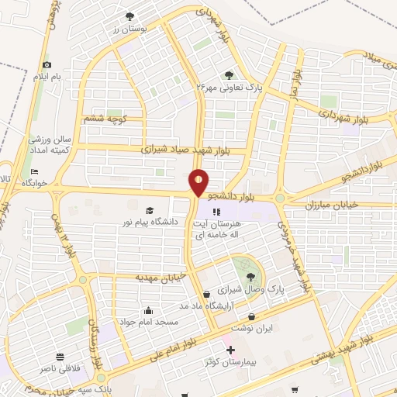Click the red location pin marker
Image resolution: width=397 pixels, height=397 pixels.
pyautogui.click(x=199, y=183)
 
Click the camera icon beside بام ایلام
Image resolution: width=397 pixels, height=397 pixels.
pyautogui.click(x=47, y=64)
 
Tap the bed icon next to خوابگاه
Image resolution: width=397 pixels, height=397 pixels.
pyautogui.click(x=34, y=171)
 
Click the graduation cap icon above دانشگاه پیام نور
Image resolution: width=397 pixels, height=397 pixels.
pyautogui.click(x=150, y=209)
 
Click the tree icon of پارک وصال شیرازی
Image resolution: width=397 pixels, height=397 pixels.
pyautogui.click(x=250, y=275)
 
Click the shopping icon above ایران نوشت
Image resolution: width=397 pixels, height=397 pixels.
pyautogui.click(x=251, y=316)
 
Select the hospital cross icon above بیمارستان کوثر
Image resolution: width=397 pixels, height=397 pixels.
pyautogui.click(x=230, y=350)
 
